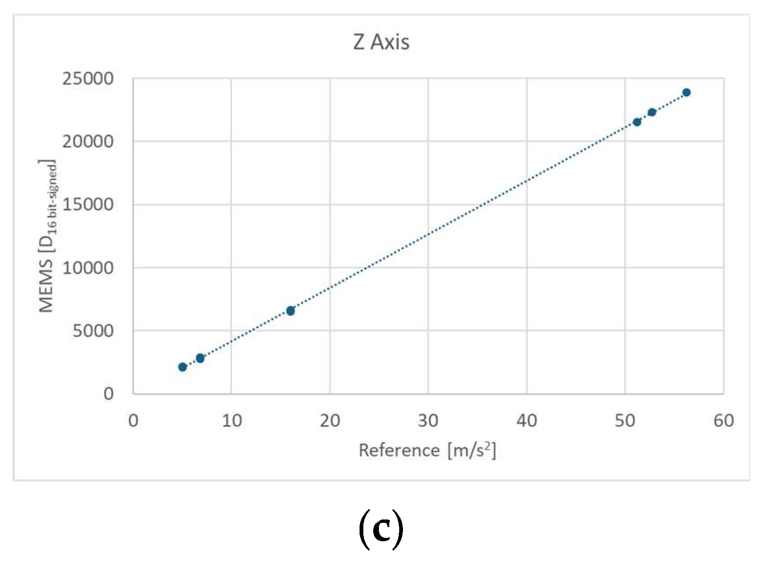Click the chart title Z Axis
381,42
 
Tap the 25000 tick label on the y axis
88,78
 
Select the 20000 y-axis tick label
88,141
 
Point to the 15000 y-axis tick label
88,204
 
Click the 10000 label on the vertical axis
88,268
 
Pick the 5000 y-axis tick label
92,331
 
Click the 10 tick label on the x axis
232,420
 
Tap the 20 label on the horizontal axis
330,420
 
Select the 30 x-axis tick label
428,420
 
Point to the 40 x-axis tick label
527,420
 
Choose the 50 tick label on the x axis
625,420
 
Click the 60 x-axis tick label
723,420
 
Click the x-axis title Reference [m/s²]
427,450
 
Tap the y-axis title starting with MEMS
47,236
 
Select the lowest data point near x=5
183,367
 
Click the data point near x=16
291,311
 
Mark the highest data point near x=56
687,93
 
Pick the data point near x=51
637,122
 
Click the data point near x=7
200,358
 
